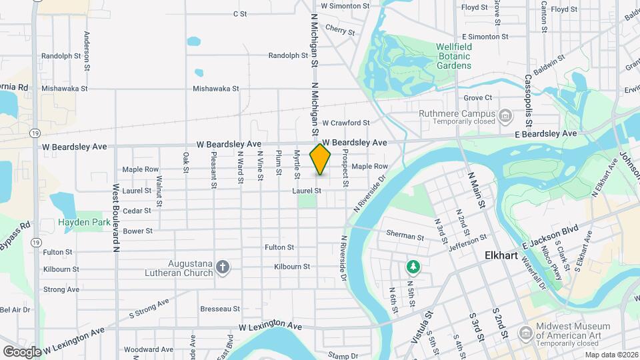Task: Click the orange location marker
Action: [321, 159]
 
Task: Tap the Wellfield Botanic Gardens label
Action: [454, 56]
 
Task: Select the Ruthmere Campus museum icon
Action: [505, 117]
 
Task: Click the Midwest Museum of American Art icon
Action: [526, 332]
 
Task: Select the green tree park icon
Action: [413, 267]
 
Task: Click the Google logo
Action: [22, 351]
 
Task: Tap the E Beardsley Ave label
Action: [546, 133]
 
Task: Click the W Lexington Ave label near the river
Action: [271, 327]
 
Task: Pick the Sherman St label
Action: [405, 236]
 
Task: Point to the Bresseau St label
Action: [220, 309]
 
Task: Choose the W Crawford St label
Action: [345, 123]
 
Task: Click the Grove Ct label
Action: [477, 97]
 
